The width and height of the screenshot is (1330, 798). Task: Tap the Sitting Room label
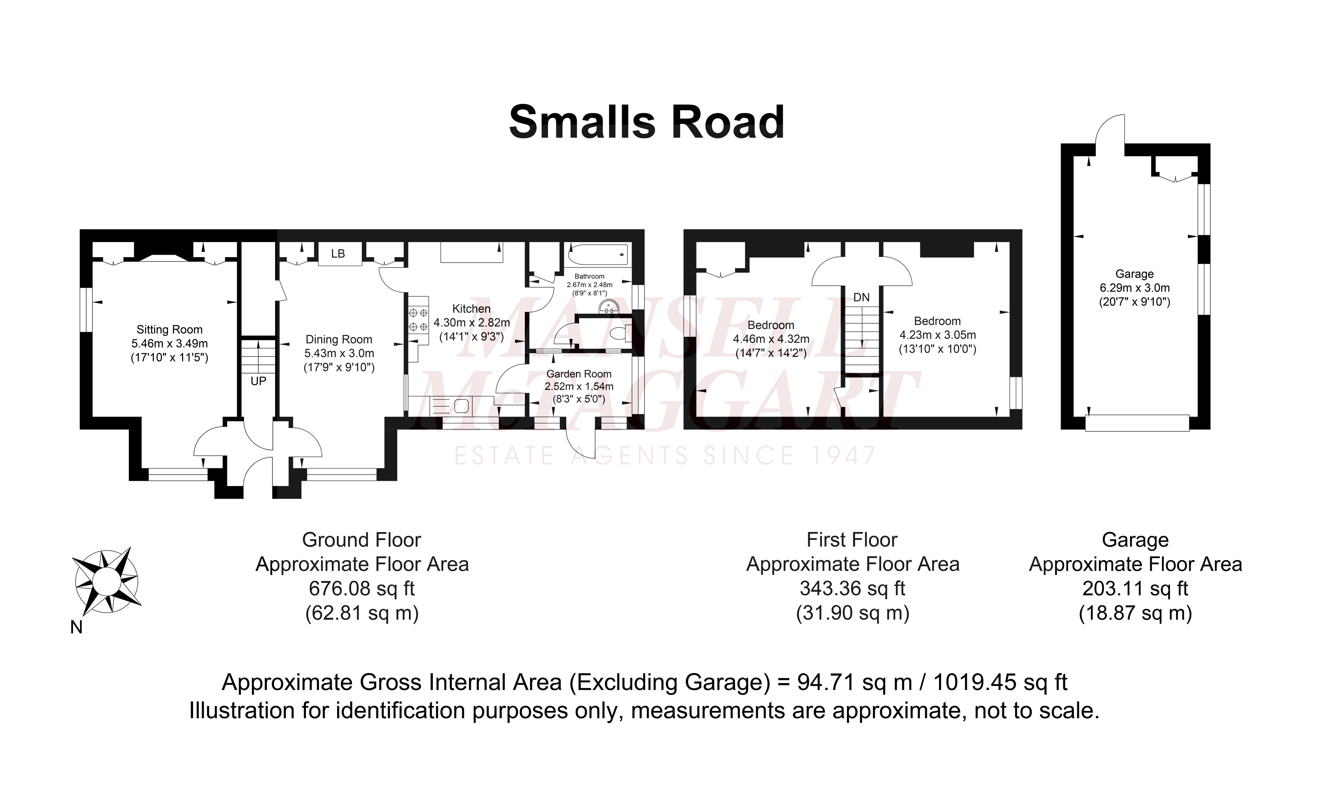(x=169, y=329)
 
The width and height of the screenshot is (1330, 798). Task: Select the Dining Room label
(x=339, y=339)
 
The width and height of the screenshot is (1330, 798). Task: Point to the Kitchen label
(x=472, y=309)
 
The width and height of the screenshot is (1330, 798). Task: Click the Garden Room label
(x=579, y=374)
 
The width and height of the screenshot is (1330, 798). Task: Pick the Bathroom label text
(x=589, y=276)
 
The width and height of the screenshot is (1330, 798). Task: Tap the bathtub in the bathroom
(x=598, y=253)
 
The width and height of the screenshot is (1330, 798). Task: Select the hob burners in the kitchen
(x=419, y=320)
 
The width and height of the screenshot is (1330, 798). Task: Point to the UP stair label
(x=258, y=381)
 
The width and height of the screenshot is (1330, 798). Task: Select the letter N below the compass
(x=76, y=627)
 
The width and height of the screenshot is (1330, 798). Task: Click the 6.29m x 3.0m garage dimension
(x=1135, y=288)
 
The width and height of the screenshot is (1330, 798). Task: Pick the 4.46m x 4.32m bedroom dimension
(x=771, y=339)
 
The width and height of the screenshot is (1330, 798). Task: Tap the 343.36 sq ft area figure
(x=852, y=588)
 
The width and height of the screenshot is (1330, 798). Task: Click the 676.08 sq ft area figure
(x=362, y=588)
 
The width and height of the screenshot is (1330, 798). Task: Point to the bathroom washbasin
(x=610, y=307)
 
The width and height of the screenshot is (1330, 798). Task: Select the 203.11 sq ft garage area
(x=1135, y=588)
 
